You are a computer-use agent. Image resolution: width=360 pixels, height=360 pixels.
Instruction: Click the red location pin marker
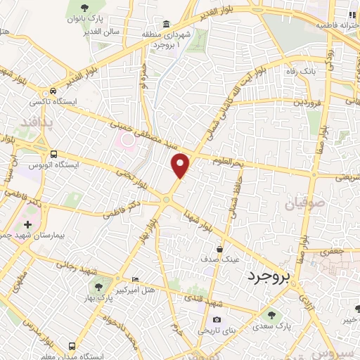(x=181, y=166)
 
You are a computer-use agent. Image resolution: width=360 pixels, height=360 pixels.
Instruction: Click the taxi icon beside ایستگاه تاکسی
(x=53, y=91)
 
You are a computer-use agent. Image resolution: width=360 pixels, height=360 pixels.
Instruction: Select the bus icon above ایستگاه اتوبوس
(x=53, y=154)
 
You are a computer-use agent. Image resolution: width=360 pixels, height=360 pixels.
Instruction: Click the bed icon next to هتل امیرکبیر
(x=135, y=280)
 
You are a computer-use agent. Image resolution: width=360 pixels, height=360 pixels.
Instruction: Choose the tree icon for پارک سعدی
(x=271, y=314)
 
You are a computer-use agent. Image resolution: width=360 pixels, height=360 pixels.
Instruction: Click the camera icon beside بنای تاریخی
(x=217, y=319)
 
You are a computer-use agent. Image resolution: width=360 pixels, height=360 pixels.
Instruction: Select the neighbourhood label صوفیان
(x=303, y=205)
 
